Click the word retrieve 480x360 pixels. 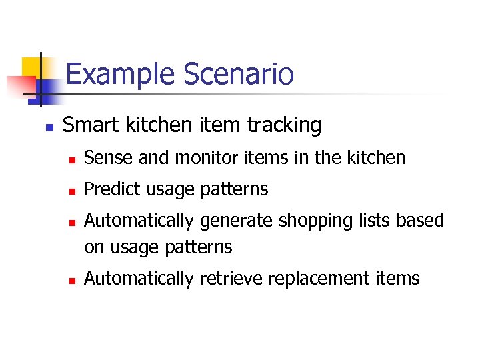click(231, 279)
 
